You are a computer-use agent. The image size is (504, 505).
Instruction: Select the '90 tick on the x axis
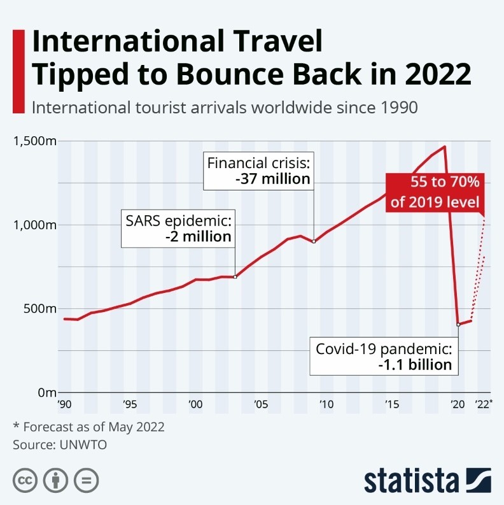pos(64,404)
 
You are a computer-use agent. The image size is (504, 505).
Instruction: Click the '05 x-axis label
pos(260,404)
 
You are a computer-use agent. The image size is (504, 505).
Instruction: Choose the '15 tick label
pos(391,404)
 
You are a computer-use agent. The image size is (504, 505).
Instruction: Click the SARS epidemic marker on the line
pos(235,276)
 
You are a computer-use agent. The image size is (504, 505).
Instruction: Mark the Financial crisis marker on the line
pos(314,241)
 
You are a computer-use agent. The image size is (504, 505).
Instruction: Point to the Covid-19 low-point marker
pos(458,324)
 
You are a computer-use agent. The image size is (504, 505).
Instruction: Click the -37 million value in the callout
pos(272,179)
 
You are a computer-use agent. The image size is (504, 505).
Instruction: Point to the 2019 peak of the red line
pos(444,146)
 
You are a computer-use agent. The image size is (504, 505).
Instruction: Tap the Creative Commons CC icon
pos(24,480)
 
